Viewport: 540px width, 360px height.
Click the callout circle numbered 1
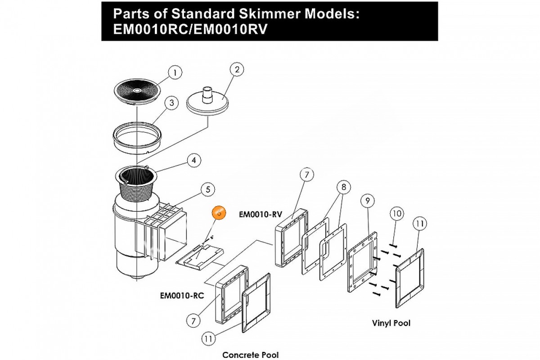click(x=175, y=72)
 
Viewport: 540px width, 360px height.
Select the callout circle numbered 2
click(x=237, y=70)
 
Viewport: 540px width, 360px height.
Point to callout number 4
click(x=193, y=159)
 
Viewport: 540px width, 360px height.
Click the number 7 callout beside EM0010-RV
click(x=306, y=175)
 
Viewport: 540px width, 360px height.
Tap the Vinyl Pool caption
click(x=391, y=323)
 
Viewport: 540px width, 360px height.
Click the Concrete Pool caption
click(x=251, y=355)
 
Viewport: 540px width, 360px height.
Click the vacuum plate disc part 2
click(x=209, y=103)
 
